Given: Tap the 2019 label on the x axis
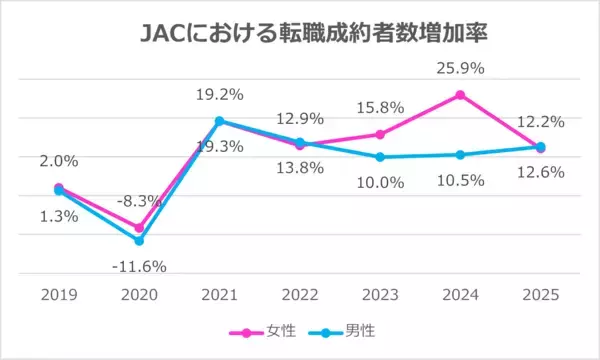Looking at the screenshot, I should tap(59, 295).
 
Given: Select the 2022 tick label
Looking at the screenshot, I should tap(300, 295).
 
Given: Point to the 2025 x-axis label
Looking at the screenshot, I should tap(540, 295).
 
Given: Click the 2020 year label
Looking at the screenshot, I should tap(139, 295).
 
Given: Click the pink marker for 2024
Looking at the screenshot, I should tap(460, 95).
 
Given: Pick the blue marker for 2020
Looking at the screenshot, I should tap(139, 241).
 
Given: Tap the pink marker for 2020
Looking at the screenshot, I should tap(139, 228).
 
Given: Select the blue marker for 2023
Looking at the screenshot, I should tap(380, 157).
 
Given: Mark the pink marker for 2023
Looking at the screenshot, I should tap(380, 134).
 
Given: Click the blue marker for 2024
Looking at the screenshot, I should tap(460, 155).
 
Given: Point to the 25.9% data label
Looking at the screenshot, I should tap(460, 72).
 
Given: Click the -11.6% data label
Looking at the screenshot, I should tap(139, 266).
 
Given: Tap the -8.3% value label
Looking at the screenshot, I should tap(139, 201).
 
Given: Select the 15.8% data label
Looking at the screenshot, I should tap(380, 109).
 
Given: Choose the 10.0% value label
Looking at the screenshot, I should tap(380, 182).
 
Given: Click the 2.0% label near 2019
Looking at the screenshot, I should tap(59, 160).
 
